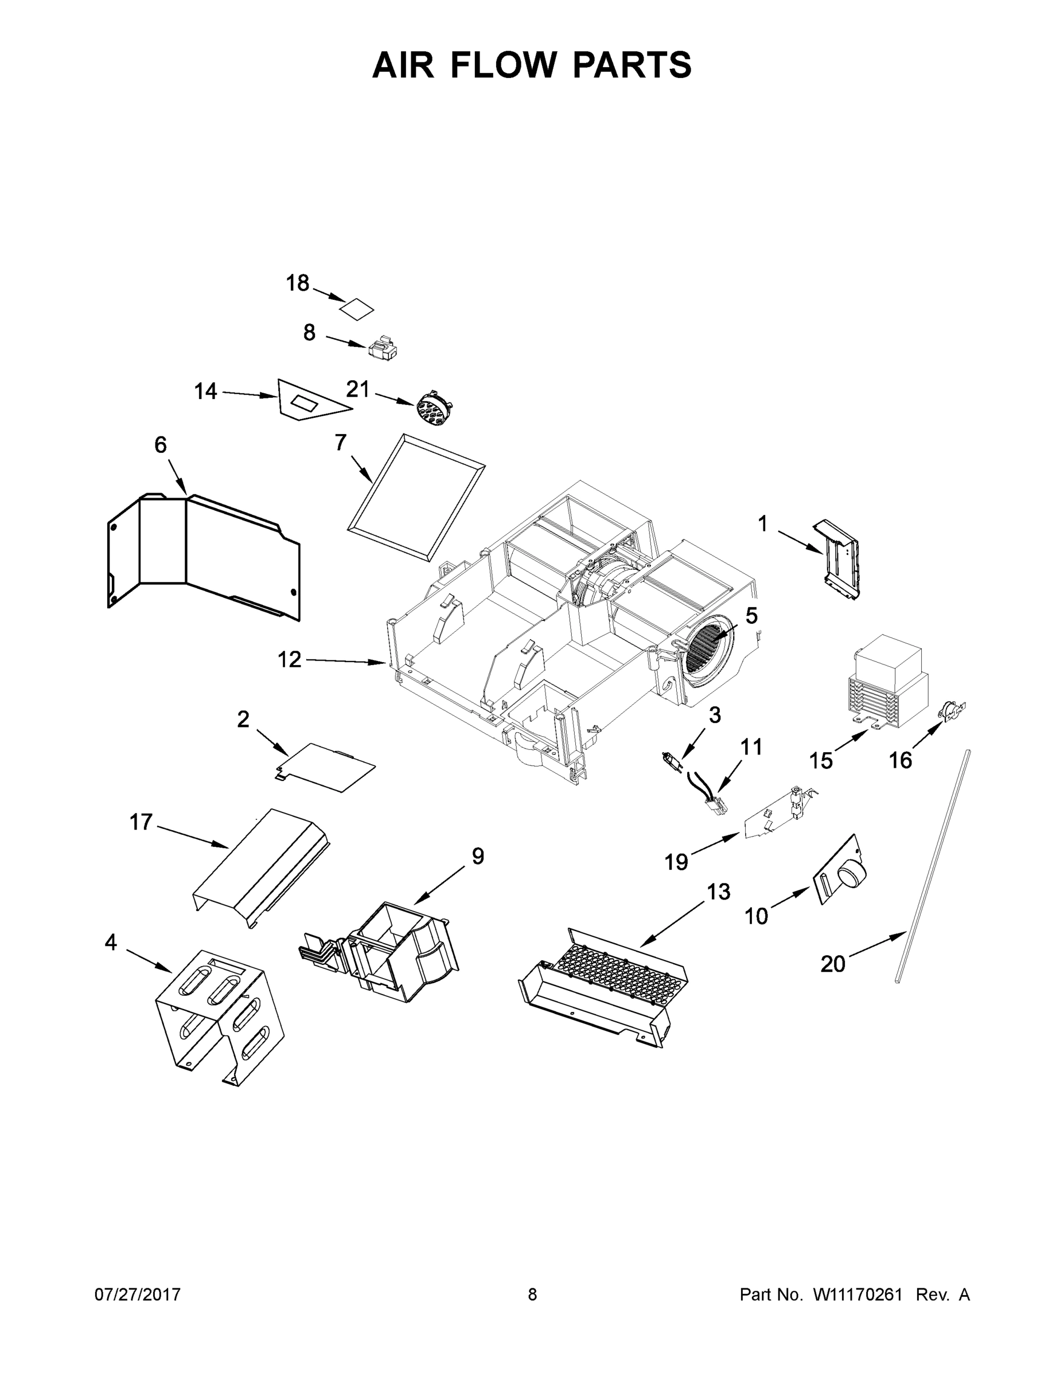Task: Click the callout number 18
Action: click(298, 284)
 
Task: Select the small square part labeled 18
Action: click(357, 310)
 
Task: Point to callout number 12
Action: click(289, 660)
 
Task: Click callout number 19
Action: click(676, 862)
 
